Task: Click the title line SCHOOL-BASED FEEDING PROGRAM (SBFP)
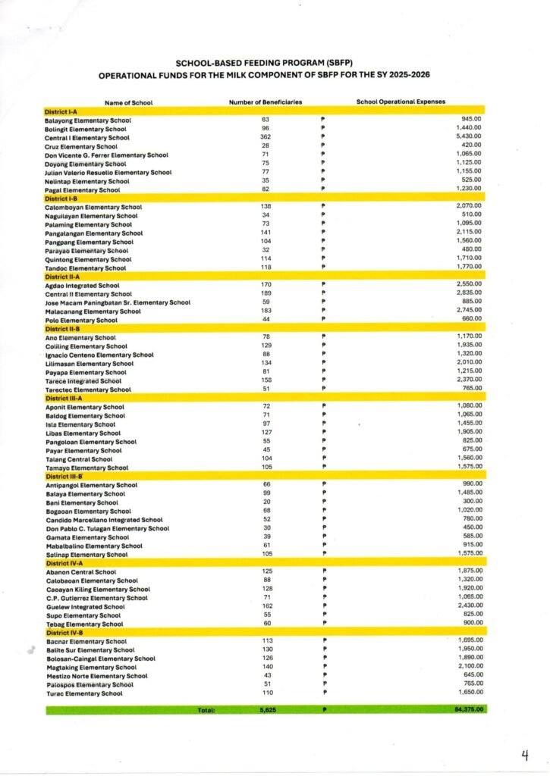click(x=275, y=63)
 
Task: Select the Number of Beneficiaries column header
click(x=266, y=102)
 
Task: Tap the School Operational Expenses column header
click(x=401, y=102)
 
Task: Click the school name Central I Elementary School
click(x=87, y=138)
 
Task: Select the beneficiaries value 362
click(x=266, y=138)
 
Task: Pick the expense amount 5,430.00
click(x=468, y=137)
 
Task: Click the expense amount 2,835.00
click(x=468, y=293)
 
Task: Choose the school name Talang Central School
click(x=79, y=459)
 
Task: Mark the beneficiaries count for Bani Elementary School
click(x=266, y=502)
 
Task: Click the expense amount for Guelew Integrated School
click(x=468, y=606)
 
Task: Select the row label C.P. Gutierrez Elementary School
click(x=96, y=598)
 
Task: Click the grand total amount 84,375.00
click(x=466, y=709)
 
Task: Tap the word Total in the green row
click(x=206, y=710)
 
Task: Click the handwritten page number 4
click(x=524, y=755)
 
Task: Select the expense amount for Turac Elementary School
click(x=468, y=693)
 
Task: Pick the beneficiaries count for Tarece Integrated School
click(x=266, y=381)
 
